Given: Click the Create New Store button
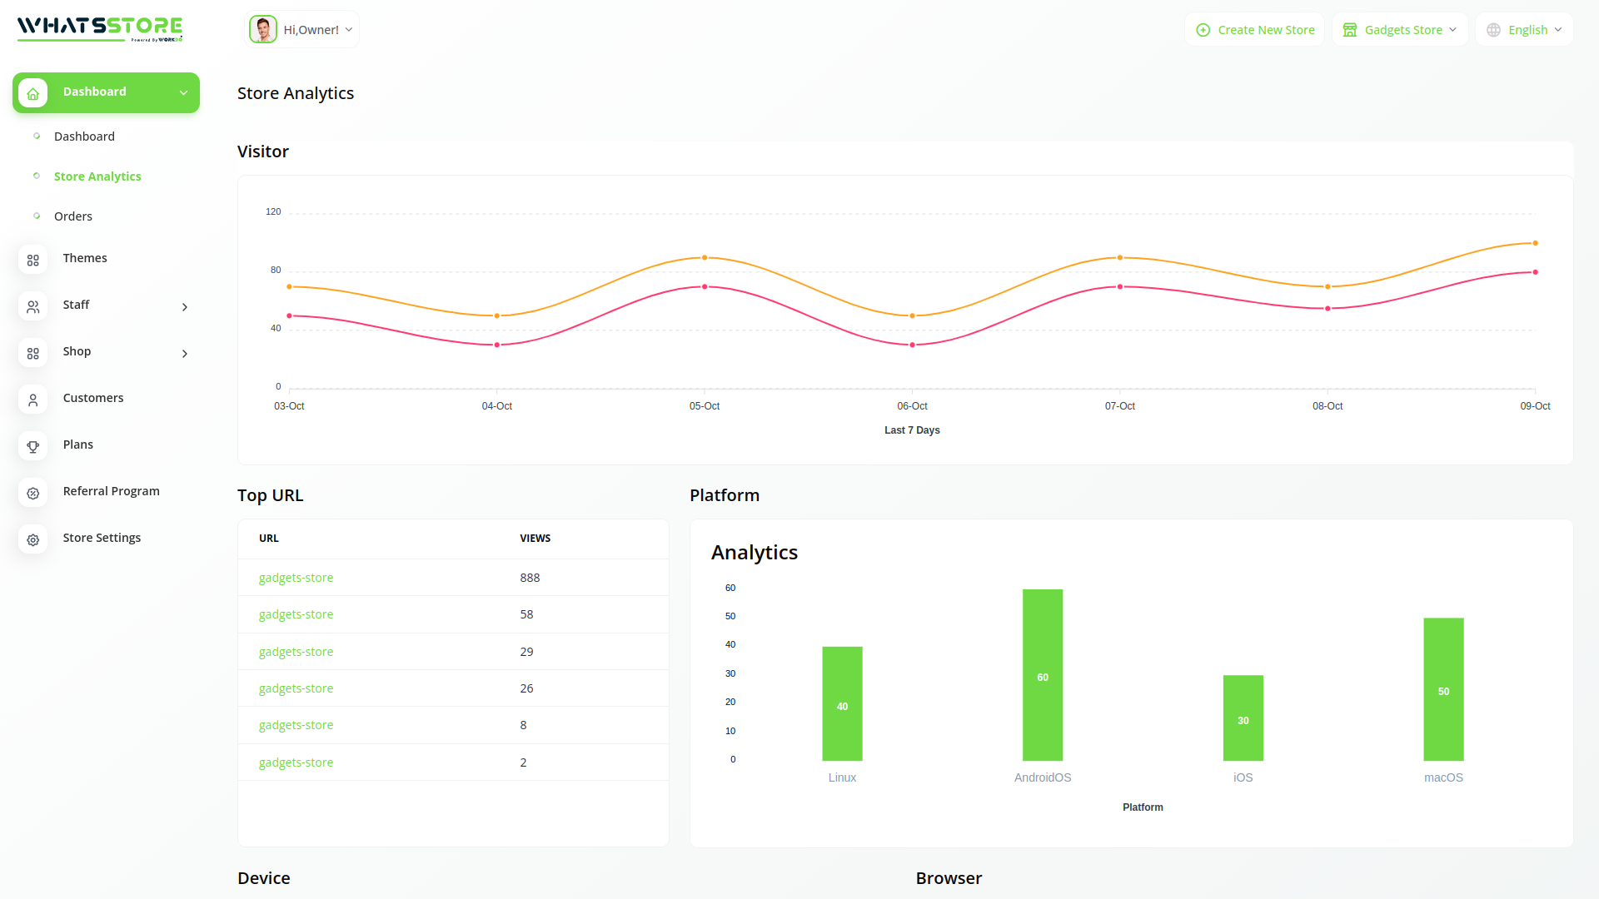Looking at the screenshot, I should pos(1255,30).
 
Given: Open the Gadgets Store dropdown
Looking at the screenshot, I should pos(1400,30).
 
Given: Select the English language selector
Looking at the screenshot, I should pos(1524,30).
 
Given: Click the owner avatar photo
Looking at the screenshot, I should pos(263,30).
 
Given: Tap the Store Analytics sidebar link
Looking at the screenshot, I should pos(97,176).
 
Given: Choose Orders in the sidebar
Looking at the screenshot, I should pos(73,216).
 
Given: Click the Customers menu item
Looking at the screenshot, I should pos(93,398).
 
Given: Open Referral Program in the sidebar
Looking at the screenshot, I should pos(111,491).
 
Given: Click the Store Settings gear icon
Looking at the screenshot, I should pos(33,539).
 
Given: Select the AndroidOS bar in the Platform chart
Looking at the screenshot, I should pos(1043,674).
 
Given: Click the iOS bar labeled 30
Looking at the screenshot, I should pos(1243,718).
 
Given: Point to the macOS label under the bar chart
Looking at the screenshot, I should pos(1443,777).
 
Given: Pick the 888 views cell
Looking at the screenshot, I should pos(530,578).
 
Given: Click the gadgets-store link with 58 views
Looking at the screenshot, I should pos(296,614).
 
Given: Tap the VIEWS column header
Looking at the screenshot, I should pos(535,539).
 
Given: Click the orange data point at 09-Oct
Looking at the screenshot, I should pos(1535,243).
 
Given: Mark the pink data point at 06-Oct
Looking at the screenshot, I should pos(912,345).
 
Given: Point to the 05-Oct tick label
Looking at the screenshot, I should pos(705,406).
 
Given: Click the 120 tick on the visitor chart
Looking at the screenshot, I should pos(273,212).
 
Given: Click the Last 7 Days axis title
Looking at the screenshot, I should pos(912,430).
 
